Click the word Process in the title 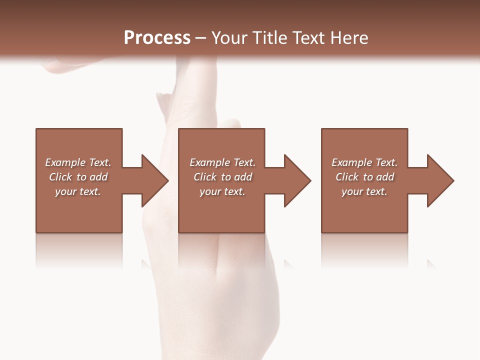[157, 38]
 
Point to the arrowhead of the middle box [297, 180]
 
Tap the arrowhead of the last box [440, 180]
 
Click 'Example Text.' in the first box [78, 162]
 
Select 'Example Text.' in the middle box [222, 162]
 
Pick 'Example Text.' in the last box [364, 162]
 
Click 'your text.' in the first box [78, 191]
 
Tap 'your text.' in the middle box [222, 191]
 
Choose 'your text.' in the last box [364, 191]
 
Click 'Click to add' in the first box [78, 177]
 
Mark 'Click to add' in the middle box [222, 177]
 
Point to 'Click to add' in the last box [364, 177]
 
